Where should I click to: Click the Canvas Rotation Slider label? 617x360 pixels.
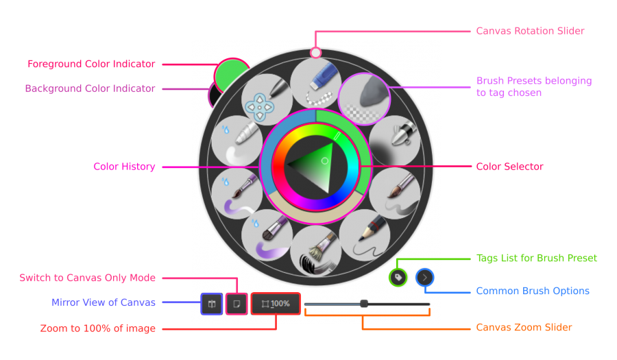tap(530, 31)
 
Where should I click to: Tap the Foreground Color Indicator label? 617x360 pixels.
tap(91, 64)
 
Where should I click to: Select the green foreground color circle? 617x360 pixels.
tap(232, 76)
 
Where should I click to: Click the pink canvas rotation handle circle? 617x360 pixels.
tap(315, 52)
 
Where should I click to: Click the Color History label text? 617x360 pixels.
tap(124, 167)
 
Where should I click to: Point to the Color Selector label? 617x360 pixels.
tap(509, 167)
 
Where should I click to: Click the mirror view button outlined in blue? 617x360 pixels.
tap(212, 303)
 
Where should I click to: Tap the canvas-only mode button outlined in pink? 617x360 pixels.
tap(237, 303)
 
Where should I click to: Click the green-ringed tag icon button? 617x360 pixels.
tap(398, 277)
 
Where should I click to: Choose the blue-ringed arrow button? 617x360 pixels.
tap(425, 277)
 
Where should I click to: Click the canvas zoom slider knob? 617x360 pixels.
tap(364, 303)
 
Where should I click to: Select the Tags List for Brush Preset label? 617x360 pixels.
tap(537, 259)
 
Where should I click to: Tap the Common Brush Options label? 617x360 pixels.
tap(533, 291)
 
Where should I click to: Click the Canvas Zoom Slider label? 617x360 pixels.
tap(524, 328)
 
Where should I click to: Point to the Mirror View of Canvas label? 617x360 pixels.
tap(104, 302)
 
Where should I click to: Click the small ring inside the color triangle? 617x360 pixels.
tap(325, 161)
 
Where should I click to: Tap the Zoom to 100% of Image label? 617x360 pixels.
tap(98, 329)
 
